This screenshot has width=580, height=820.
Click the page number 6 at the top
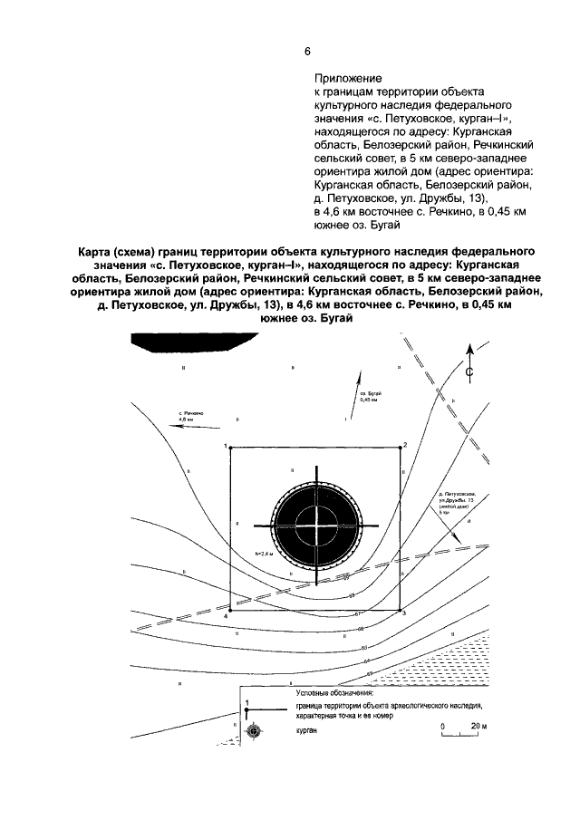tap(307, 50)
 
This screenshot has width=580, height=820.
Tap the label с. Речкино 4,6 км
tap(189, 418)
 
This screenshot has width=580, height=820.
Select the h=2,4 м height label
tap(264, 553)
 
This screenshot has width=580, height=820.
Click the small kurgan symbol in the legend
tap(253, 729)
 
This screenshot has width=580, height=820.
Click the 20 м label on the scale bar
tap(479, 727)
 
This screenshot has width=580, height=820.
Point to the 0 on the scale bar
tap(444, 727)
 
